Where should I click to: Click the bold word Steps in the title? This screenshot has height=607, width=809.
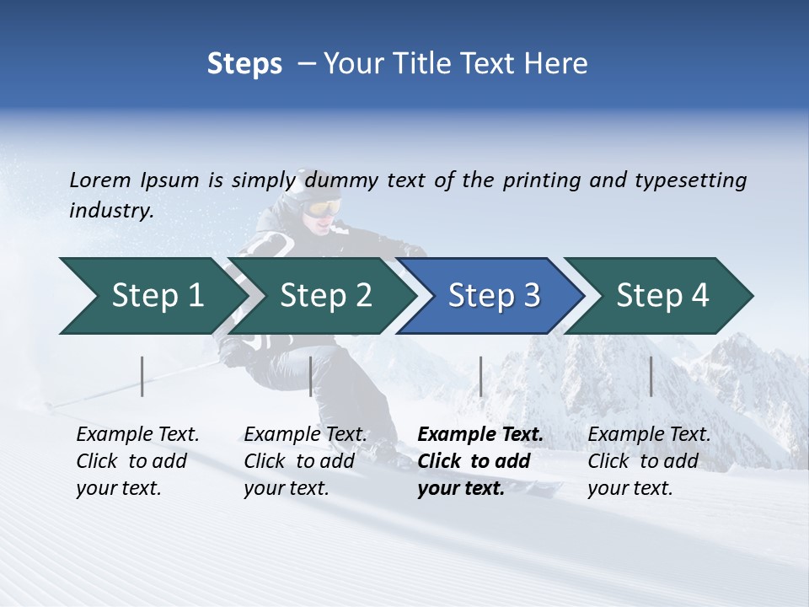click(244, 64)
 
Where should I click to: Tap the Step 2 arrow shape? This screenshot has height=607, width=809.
click(325, 296)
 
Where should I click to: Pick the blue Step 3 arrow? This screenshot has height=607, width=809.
click(494, 296)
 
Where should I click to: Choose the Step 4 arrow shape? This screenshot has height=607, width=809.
click(662, 296)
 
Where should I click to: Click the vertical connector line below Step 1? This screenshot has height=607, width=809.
click(142, 376)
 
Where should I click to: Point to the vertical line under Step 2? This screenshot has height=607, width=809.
click(311, 376)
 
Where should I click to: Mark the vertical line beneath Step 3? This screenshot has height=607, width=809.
click(480, 376)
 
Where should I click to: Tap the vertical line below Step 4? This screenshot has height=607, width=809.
click(651, 376)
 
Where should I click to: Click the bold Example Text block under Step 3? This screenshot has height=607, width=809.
click(480, 461)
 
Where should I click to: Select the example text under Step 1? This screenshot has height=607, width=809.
click(137, 461)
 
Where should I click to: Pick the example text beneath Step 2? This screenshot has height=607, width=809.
click(305, 461)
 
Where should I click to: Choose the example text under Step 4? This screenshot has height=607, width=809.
click(649, 461)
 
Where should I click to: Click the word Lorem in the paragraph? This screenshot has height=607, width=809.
click(100, 180)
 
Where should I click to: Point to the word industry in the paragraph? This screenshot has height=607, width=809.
click(110, 211)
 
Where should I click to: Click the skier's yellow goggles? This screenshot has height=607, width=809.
click(324, 207)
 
